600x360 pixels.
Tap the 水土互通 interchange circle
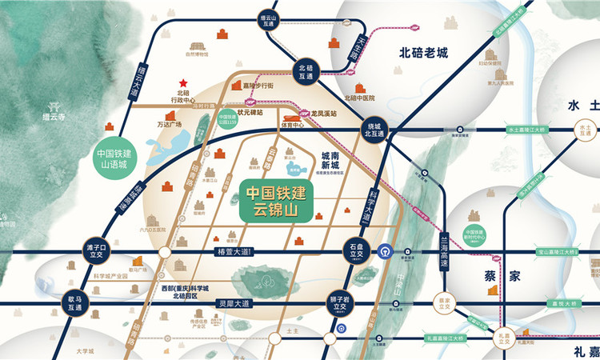pos(582,130)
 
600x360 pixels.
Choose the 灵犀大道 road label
pos(234,304)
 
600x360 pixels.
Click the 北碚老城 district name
pos(424,54)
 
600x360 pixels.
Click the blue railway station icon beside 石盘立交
pos(385,250)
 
